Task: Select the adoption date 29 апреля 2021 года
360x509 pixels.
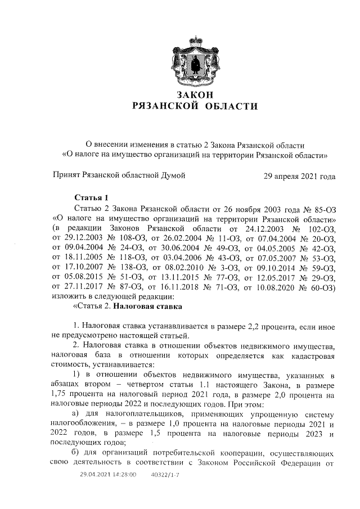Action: coord(300,176)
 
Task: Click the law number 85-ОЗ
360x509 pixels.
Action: coord(321,208)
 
